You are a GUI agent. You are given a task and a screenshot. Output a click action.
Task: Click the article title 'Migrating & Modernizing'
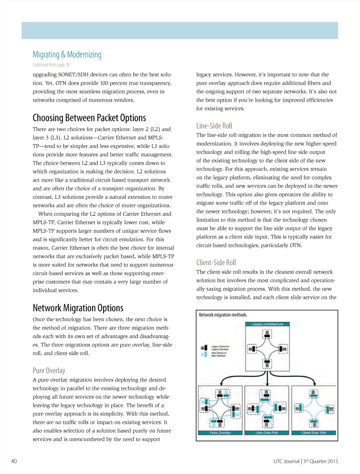point(67,54)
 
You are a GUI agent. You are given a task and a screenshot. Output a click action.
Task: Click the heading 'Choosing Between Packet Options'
point(89,118)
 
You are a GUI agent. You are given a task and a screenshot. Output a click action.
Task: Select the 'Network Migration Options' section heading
point(78,308)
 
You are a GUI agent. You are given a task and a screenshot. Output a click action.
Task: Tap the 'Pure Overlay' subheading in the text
point(49,370)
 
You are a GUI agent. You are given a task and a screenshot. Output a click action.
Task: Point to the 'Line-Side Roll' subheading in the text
point(214,126)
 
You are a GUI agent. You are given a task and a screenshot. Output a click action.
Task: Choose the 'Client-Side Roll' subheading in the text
point(216,262)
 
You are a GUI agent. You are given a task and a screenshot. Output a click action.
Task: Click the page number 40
point(14,461)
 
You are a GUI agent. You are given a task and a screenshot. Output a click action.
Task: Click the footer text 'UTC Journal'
point(286,461)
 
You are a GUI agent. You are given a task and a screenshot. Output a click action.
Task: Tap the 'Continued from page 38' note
point(51,65)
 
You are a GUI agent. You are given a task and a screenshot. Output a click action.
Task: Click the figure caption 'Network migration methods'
point(223,315)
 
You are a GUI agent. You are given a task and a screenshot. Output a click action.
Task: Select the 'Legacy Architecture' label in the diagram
point(267,324)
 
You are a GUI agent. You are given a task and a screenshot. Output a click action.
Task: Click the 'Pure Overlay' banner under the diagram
point(220,433)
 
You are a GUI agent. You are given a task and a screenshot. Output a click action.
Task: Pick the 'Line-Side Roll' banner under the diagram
point(266,433)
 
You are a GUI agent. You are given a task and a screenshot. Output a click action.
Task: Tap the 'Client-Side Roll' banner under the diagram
point(314,433)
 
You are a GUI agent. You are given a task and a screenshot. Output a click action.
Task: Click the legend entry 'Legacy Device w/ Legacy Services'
point(219,348)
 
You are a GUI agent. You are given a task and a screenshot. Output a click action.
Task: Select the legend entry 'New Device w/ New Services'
point(218,354)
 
